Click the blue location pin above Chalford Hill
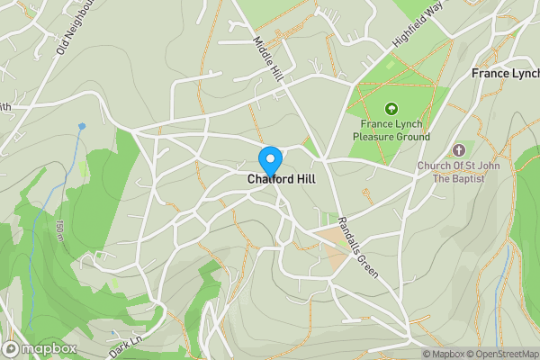(x=270, y=159)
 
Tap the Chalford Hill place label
(x=281, y=179)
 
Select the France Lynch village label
(x=505, y=73)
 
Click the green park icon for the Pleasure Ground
(x=391, y=108)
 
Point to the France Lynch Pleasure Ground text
(x=391, y=130)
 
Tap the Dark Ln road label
(x=126, y=347)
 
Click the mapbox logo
(x=40, y=348)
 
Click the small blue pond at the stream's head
(x=82, y=126)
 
